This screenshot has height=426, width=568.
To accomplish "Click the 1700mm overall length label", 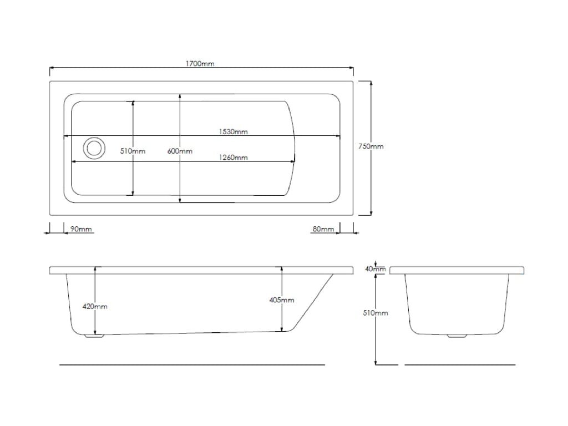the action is pos(200,64).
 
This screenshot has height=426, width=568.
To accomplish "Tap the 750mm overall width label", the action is pos(371,146).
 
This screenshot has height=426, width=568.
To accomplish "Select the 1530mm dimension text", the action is pos(234,131).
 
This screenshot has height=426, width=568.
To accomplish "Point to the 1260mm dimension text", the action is pos(234,157).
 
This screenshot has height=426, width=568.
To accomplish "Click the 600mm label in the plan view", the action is pos(180,151).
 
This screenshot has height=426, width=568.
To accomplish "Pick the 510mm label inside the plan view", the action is pos(133,151).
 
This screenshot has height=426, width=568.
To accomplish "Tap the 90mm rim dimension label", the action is pos(81,229).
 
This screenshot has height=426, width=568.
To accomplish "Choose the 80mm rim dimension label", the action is pos(323,229).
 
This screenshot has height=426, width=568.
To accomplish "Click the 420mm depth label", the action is pos(95,306).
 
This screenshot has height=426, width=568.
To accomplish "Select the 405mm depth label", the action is pos(281,300).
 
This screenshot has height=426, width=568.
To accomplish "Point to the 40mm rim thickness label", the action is pos(376,269).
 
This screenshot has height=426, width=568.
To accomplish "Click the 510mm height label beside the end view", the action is pos(376,313).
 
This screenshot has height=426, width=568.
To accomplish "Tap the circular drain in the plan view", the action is pos(94,148).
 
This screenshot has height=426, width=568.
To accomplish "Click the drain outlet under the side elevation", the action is pos(94,336).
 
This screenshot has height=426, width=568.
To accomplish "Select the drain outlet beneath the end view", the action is pos(457,336).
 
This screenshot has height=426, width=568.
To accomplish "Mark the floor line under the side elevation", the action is pos(192,365).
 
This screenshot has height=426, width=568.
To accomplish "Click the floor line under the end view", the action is pos(460,365).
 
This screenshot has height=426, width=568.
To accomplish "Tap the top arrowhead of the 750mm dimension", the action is pos(371,84).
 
